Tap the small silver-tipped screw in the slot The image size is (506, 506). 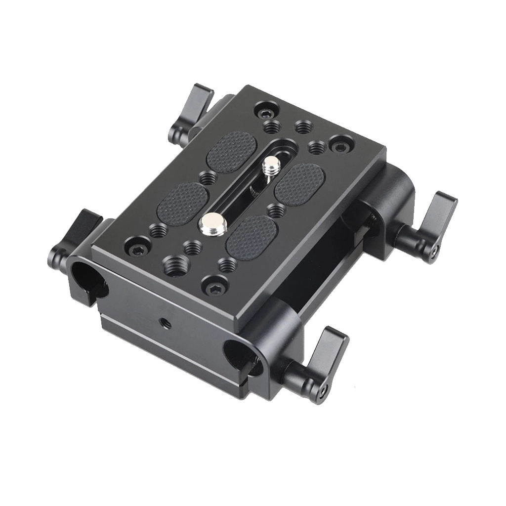pos(270,164)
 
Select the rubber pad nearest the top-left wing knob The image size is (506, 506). pos(231,149)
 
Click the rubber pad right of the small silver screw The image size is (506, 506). pos(300,182)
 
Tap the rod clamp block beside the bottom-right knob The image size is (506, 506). pos(277,346)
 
